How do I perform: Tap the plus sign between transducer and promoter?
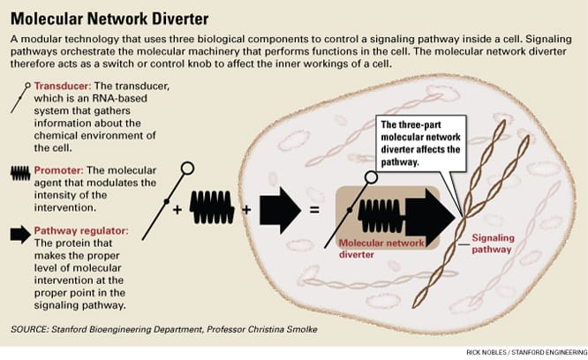click(x=177, y=212)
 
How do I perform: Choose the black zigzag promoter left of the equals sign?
click(x=211, y=211)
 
